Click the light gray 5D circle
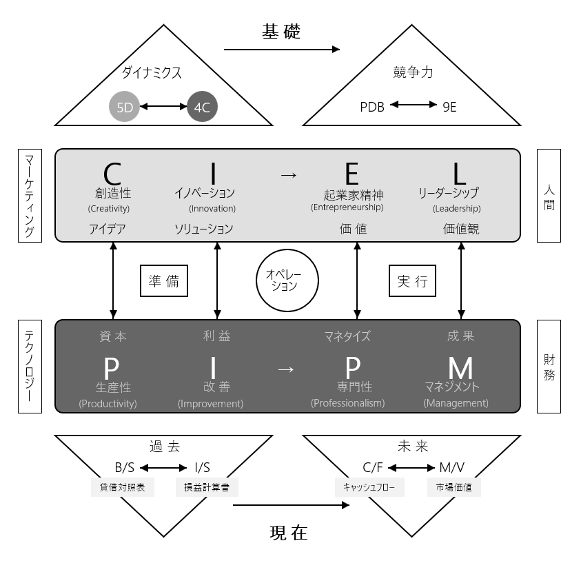(x=124, y=107)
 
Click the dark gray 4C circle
(x=202, y=107)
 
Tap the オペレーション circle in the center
(x=287, y=280)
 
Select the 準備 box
(x=164, y=280)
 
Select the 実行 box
(x=412, y=280)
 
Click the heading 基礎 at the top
(x=281, y=32)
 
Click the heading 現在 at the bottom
(x=289, y=533)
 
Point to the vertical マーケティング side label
(x=30, y=196)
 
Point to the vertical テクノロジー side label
(x=30, y=367)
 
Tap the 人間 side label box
(x=549, y=196)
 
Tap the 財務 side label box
(x=549, y=367)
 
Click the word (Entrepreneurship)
(x=347, y=207)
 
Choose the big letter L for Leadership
(x=460, y=174)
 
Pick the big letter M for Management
(x=460, y=368)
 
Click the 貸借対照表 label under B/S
(x=122, y=487)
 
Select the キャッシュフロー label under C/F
(x=369, y=487)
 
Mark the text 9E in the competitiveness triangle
(x=449, y=107)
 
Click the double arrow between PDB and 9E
(x=414, y=105)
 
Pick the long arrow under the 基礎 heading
(x=282, y=49)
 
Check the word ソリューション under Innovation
(x=204, y=229)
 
